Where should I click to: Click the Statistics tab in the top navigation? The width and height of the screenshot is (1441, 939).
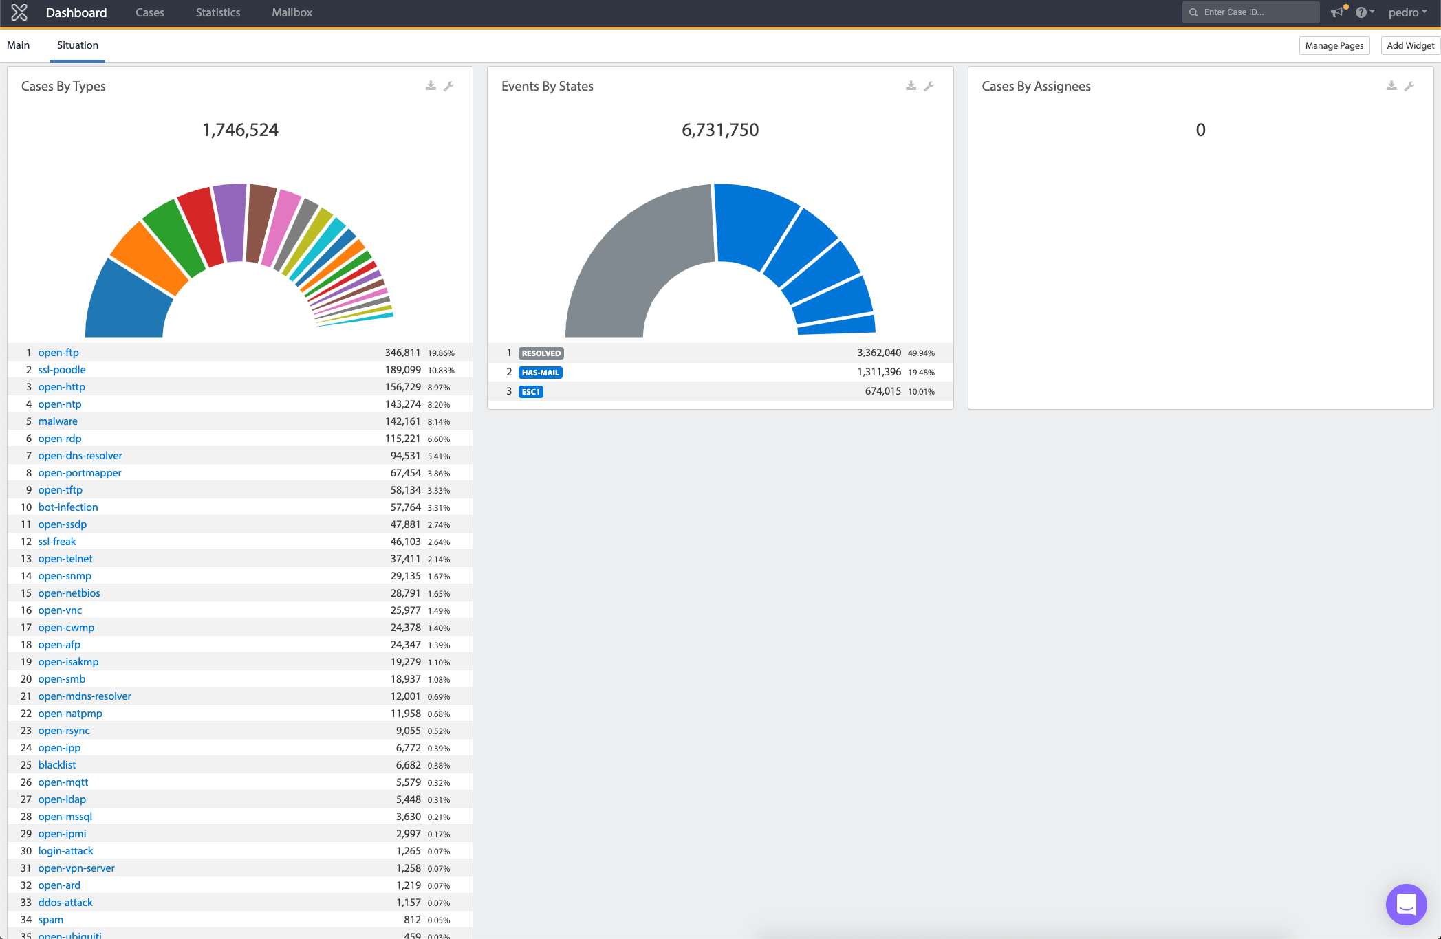pyautogui.click(x=218, y=12)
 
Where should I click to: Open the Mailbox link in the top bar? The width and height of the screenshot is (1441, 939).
pyautogui.click(x=292, y=12)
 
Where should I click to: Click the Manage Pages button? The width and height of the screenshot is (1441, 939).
pyautogui.click(x=1334, y=45)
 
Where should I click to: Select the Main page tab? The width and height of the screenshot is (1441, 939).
pyautogui.click(x=19, y=45)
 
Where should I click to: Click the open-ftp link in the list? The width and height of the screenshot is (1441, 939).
pyautogui.click(x=58, y=353)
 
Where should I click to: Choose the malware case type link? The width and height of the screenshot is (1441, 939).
pyautogui.click(x=58, y=421)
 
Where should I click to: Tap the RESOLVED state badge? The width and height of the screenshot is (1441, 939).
pyautogui.click(x=541, y=353)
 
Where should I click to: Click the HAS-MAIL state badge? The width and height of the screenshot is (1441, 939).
pyautogui.click(x=541, y=373)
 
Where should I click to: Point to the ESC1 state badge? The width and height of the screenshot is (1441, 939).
pyautogui.click(x=531, y=392)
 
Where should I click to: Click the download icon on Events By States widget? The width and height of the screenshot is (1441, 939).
pyautogui.click(x=911, y=86)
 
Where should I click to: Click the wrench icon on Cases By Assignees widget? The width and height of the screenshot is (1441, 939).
pyautogui.click(x=1409, y=86)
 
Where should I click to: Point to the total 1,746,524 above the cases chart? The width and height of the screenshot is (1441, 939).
pyautogui.click(x=240, y=130)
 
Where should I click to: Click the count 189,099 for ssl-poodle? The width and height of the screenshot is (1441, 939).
pyautogui.click(x=402, y=370)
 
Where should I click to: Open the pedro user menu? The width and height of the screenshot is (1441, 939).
pyautogui.click(x=1407, y=12)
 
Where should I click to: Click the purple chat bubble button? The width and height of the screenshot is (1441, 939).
pyautogui.click(x=1407, y=905)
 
